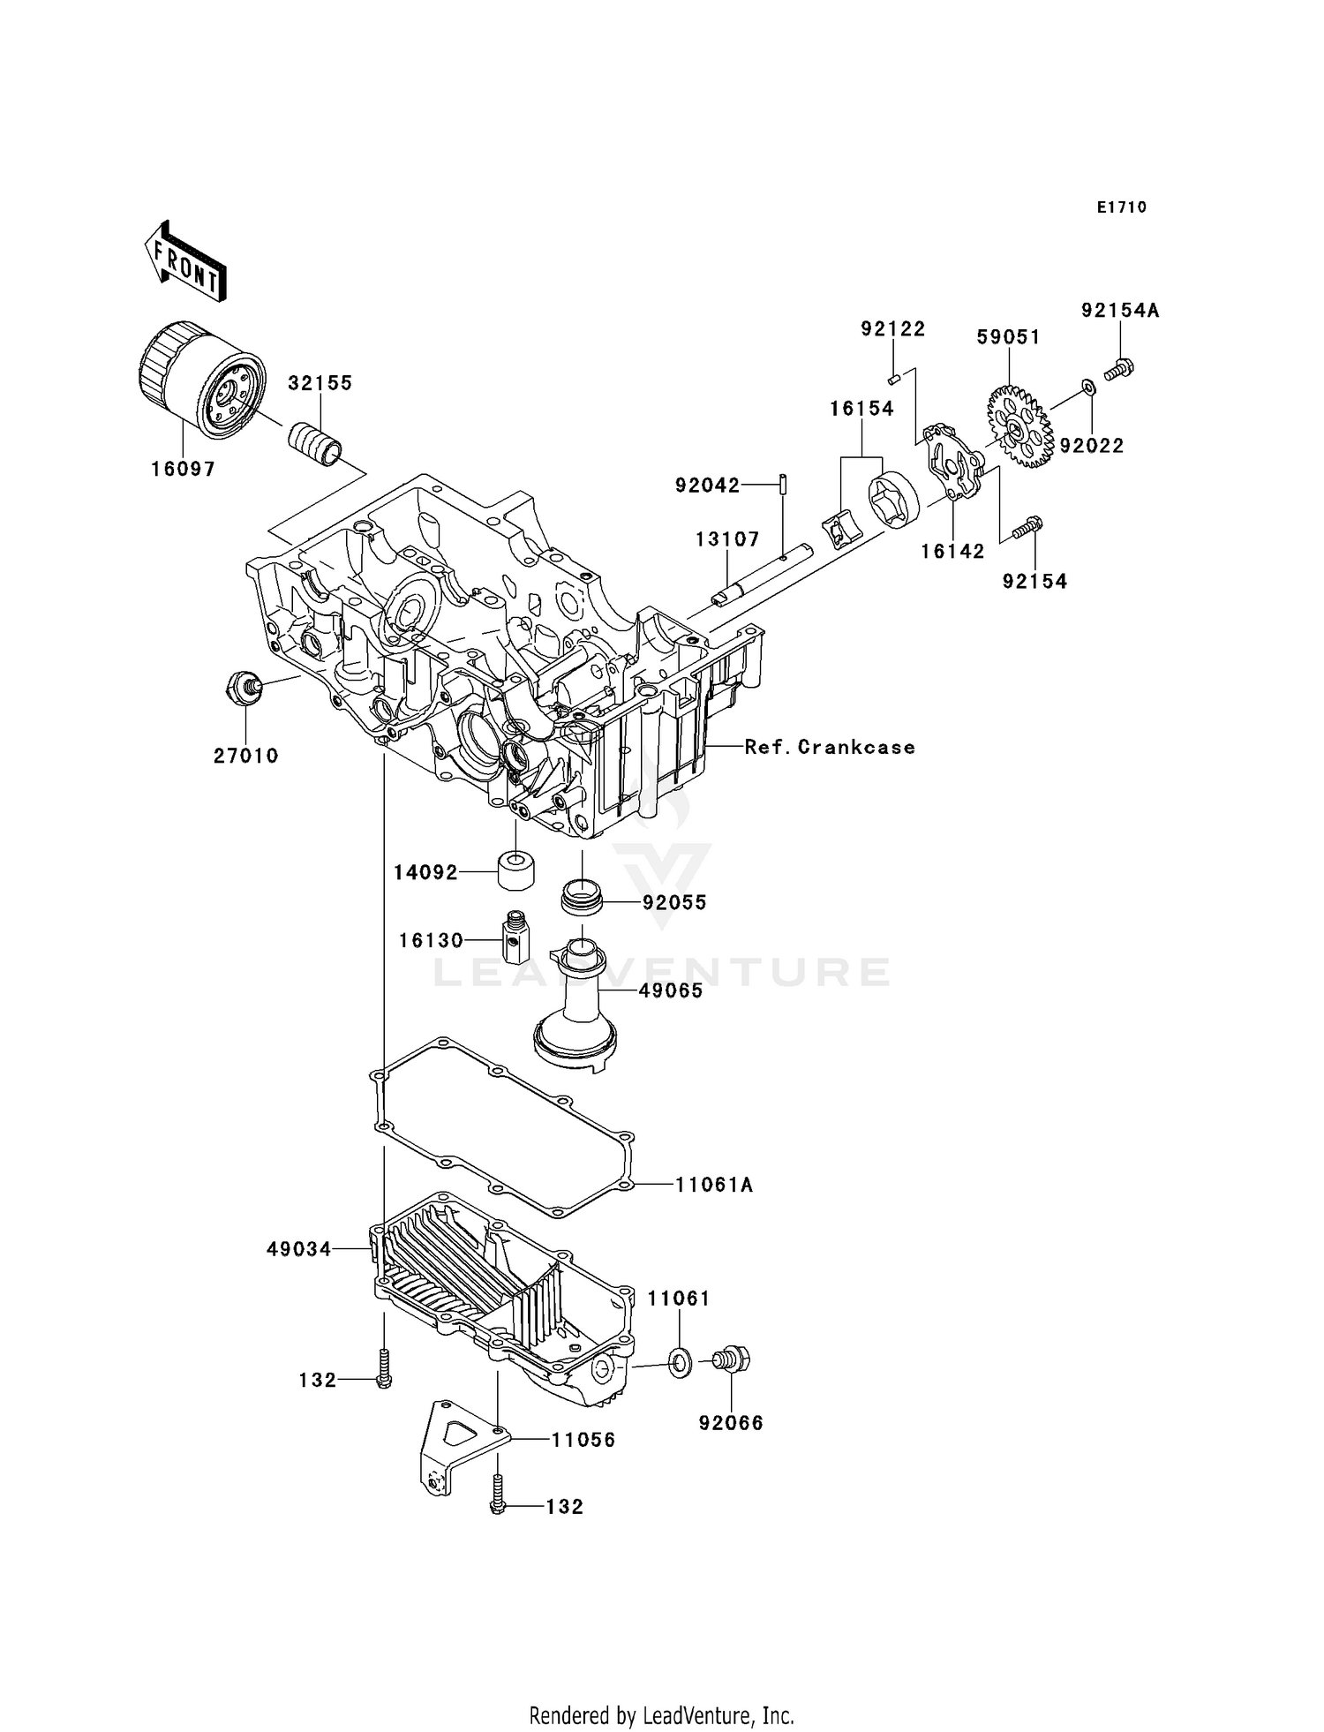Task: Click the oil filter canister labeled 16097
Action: tap(201, 381)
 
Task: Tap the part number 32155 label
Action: tap(320, 383)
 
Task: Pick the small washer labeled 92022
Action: tap(1087, 386)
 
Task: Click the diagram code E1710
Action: tap(1121, 207)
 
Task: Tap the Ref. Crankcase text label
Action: tap(829, 747)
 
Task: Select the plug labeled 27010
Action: tap(244, 686)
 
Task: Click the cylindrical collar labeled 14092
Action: tap(517, 871)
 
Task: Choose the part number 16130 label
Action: tap(431, 941)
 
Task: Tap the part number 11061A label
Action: tap(713, 1185)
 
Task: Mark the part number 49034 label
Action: tap(298, 1249)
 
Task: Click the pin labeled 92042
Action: tap(783, 485)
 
